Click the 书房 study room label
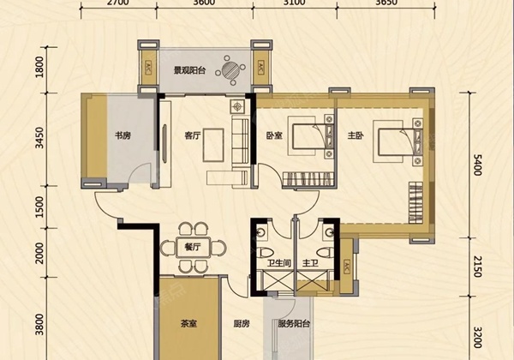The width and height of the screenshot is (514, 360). tap(123, 135)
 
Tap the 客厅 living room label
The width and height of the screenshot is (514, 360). tap(193, 135)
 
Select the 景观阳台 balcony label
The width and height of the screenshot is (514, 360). tap(189, 70)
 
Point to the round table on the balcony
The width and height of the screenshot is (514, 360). tap(230, 69)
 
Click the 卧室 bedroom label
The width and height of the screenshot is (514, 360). tap(274, 135)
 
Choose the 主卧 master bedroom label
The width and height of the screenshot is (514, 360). tap(356, 135)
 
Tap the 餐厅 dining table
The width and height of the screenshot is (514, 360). tap(193, 247)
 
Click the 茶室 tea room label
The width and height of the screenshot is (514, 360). tap(189, 324)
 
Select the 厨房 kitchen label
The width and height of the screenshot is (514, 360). tap(242, 324)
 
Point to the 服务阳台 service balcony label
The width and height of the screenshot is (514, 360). tap(294, 324)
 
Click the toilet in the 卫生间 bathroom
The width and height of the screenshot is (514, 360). tap(266, 253)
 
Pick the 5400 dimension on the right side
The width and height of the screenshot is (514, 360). tap(478, 165)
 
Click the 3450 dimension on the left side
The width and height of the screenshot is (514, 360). tap(39, 138)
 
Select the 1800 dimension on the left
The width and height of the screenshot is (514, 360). tap(39, 67)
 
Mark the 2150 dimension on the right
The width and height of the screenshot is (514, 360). tap(478, 267)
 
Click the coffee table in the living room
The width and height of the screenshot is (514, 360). tap(213, 145)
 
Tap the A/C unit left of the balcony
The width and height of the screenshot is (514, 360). tap(148, 68)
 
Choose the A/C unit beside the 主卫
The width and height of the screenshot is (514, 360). tap(346, 267)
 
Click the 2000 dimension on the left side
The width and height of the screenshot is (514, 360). tap(39, 253)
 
